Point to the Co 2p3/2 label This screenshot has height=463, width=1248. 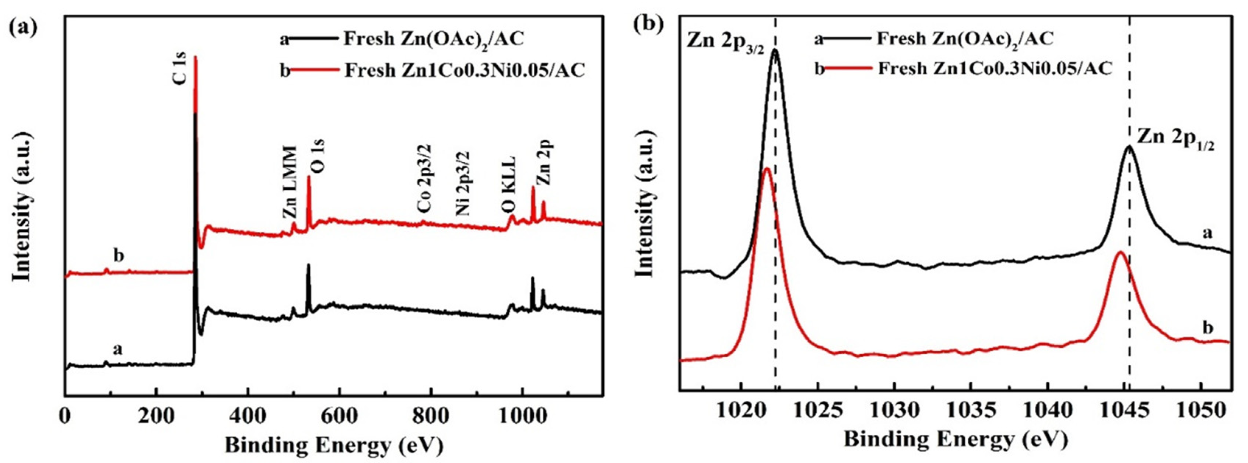424,178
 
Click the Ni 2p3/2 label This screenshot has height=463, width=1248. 463,183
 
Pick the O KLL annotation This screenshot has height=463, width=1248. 508,185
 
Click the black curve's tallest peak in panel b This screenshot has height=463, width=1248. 775,50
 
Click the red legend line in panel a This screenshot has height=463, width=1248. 315,71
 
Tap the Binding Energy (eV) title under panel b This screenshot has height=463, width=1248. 956,439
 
